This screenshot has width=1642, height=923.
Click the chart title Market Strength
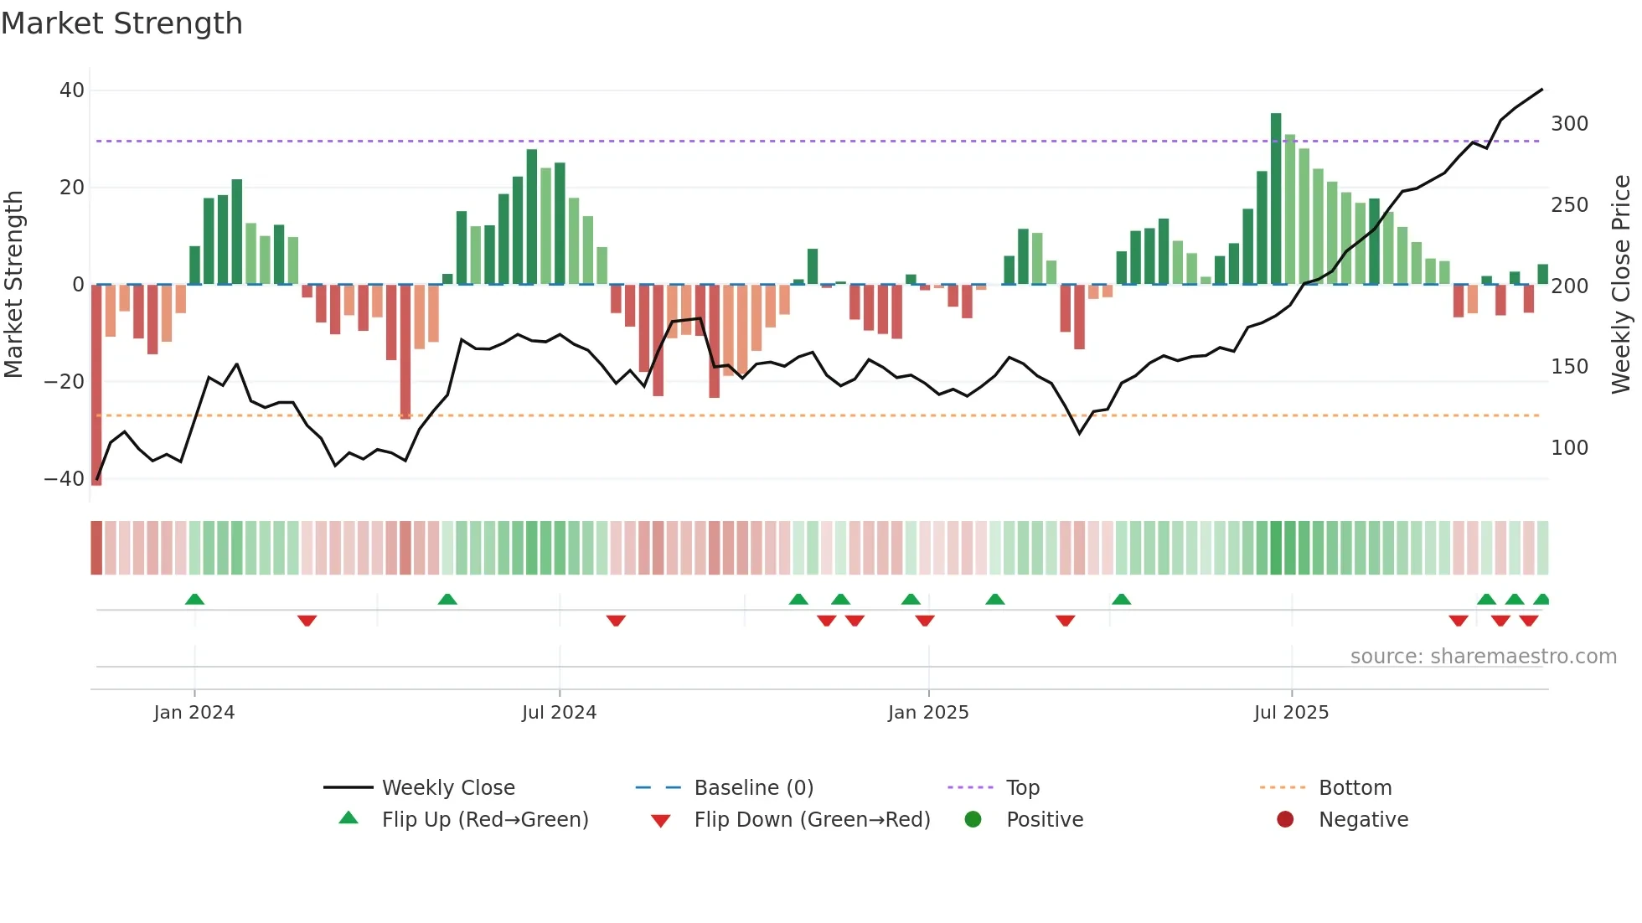121,23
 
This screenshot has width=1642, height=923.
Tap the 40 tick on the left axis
72,90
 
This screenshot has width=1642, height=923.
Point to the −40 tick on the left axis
65,479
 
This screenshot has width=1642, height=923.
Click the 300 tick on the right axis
1569,124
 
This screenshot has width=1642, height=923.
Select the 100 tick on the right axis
1569,448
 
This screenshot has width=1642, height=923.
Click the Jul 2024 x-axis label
559,713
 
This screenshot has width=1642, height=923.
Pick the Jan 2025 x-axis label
928,713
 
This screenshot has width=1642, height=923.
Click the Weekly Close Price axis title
1621,285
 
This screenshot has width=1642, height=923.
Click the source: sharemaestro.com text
1483,657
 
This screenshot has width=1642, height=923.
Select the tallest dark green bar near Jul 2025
1276,199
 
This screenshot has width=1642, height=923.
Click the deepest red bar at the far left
96,385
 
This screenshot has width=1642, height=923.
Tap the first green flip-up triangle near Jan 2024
194,599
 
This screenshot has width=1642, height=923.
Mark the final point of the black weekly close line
1542,89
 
